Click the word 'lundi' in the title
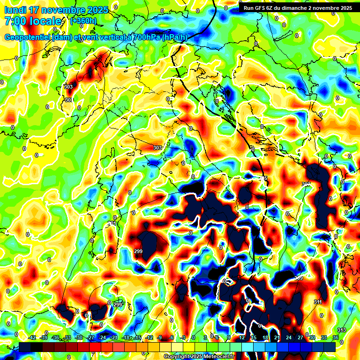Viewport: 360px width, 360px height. (x=15, y=10)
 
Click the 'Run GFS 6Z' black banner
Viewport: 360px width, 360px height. (x=298, y=7)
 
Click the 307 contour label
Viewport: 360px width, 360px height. (x=306, y=184)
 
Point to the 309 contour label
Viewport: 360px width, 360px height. (x=298, y=278)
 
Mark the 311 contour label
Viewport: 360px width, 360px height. (x=318, y=302)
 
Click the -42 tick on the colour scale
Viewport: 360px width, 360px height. (x=32, y=337)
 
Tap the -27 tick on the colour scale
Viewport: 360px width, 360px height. (x=91, y=337)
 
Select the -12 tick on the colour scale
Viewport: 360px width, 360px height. (x=150, y=337)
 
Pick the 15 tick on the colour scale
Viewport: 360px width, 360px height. (x=254, y=337)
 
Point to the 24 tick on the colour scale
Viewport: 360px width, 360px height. (x=289, y=337)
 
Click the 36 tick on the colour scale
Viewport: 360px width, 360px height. (x=336, y=337)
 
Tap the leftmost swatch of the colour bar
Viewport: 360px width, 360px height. (x=25, y=347)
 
